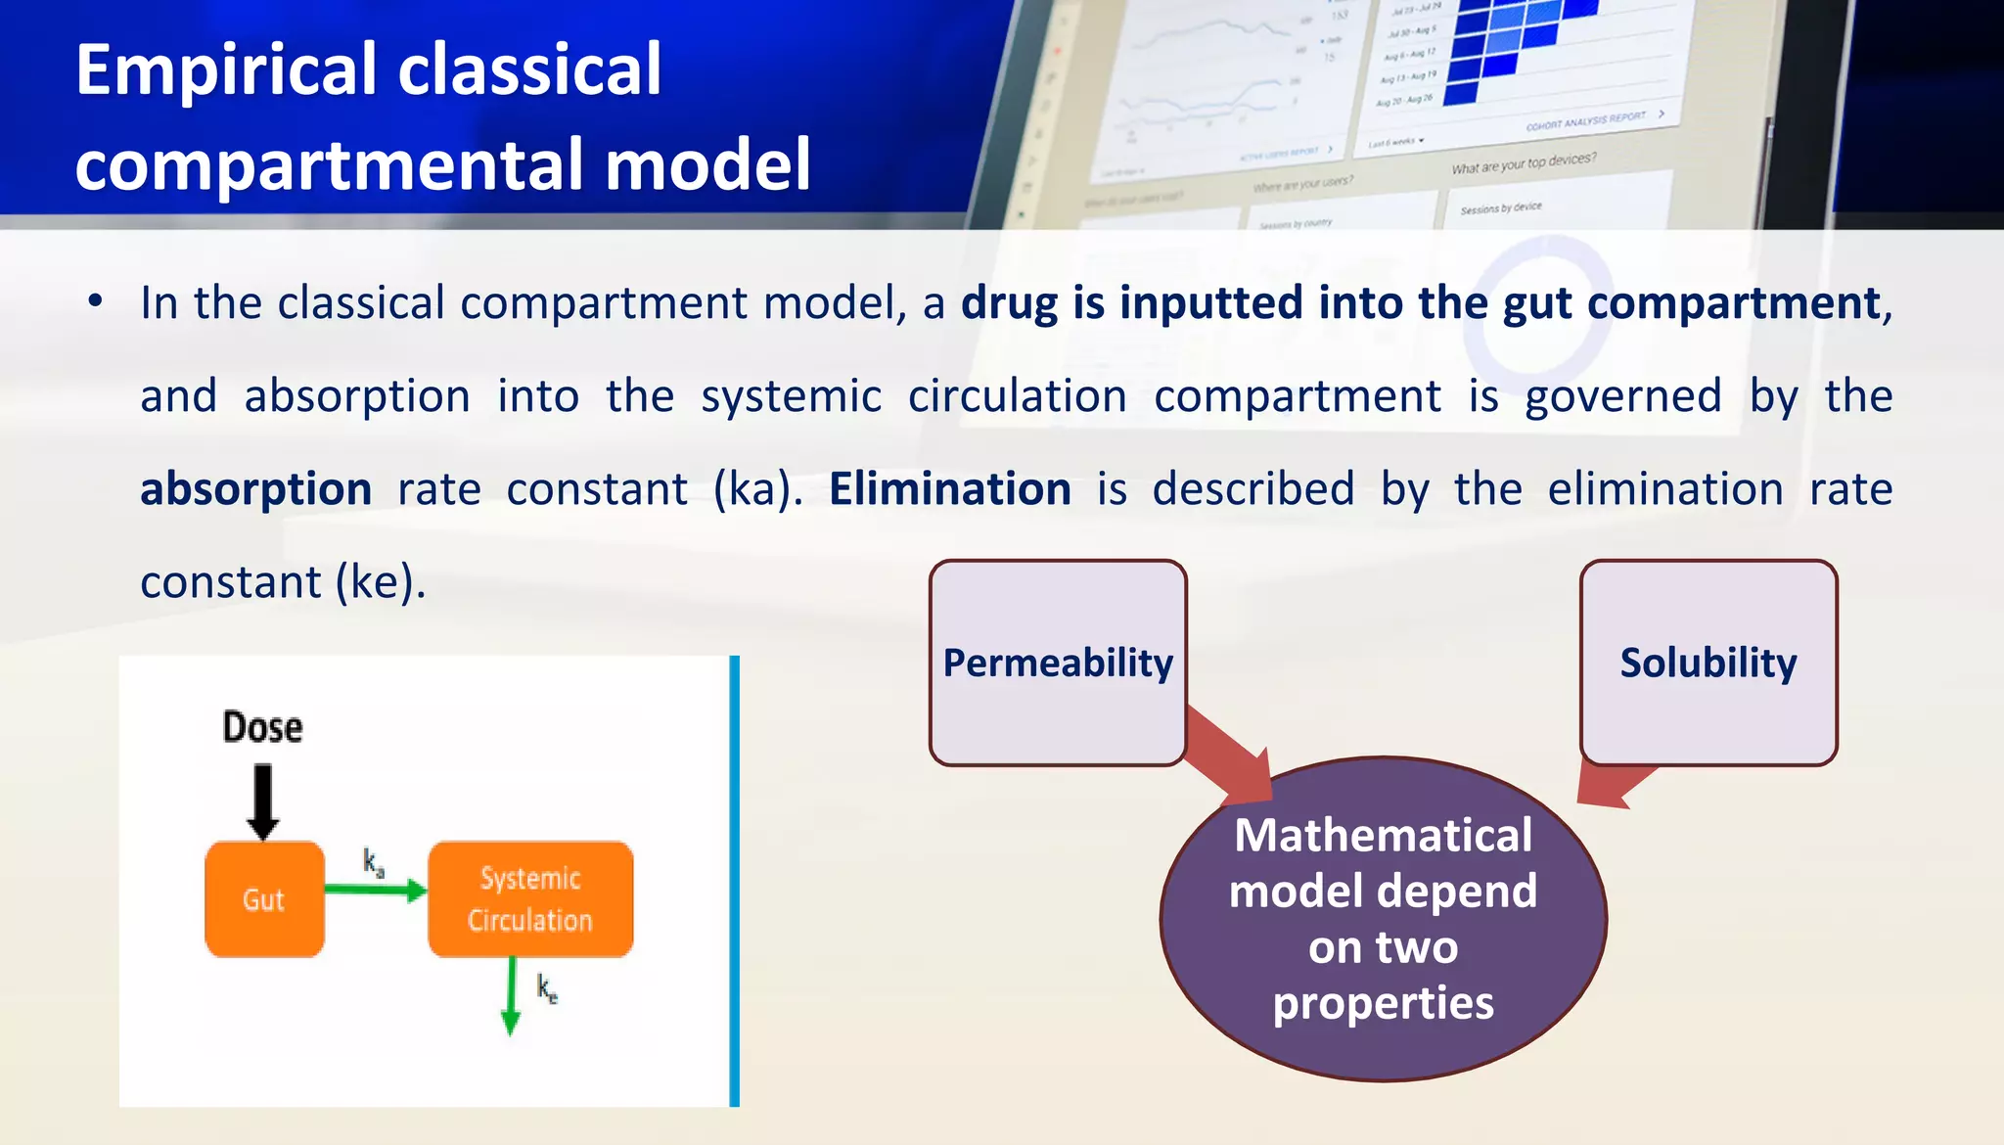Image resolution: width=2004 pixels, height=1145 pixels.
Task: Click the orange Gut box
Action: (264, 898)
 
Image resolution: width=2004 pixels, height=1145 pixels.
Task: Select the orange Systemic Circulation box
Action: (530, 898)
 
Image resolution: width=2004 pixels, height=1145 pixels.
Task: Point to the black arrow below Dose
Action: (262, 801)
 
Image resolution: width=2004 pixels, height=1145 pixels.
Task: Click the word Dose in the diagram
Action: (262, 727)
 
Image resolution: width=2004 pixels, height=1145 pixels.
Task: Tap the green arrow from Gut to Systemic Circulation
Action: (375, 890)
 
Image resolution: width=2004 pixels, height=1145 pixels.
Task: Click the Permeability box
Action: (1058, 663)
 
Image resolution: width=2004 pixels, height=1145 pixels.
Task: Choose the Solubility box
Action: (1708, 663)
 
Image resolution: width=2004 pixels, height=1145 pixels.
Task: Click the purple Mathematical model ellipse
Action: (1383, 918)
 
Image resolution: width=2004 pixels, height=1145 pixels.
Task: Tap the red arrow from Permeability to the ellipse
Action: (1229, 754)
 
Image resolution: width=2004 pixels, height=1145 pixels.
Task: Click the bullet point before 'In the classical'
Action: (95, 301)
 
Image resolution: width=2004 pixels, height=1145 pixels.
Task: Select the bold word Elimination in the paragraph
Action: (949, 488)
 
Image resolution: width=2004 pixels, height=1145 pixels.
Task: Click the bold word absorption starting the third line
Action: (255, 488)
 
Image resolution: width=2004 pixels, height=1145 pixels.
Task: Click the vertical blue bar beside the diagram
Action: (734, 881)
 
